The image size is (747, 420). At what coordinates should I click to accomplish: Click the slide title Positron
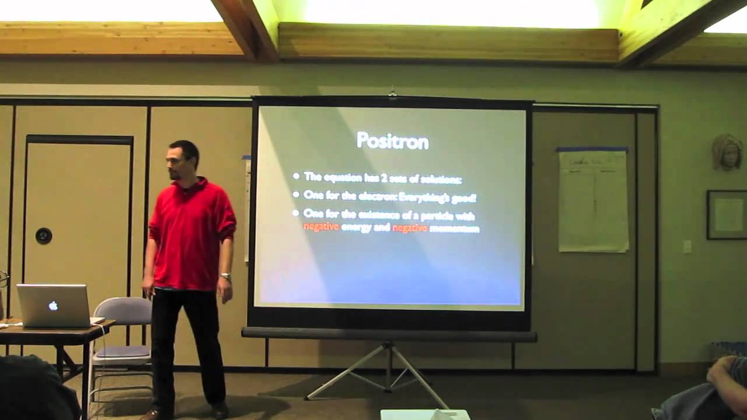(x=392, y=141)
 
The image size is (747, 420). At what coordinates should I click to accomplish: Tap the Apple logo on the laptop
(x=53, y=306)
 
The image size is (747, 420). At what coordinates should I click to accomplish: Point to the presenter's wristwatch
(x=225, y=276)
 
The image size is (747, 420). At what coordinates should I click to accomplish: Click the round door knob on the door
(x=43, y=236)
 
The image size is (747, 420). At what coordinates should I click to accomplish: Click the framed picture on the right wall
(x=727, y=215)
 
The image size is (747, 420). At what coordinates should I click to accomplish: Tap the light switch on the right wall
(x=687, y=247)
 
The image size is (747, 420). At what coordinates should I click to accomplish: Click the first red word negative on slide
(x=321, y=227)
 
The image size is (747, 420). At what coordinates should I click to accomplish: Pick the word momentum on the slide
(x=454, y=229)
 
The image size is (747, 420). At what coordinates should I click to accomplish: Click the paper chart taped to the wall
(x=592, y=201)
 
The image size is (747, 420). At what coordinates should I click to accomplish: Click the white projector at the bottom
(x=425, y=414)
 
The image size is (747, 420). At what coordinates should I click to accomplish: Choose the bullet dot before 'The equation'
(x=296, y=176)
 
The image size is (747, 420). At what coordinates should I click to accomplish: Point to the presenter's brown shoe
(x=151, y=415)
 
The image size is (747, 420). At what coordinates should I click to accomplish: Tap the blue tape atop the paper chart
(x=592, y=150)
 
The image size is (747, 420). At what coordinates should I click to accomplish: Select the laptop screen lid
(x=53, y=305)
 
